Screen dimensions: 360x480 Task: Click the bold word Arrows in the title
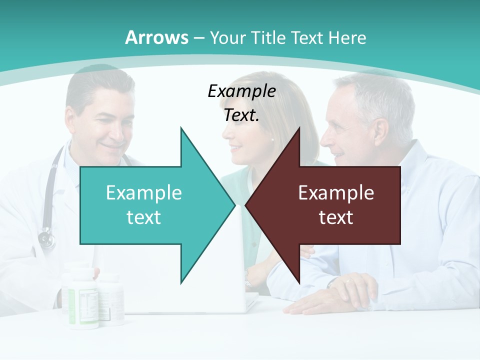(x=156, y=37)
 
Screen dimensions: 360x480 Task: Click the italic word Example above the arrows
(x=241, y=91)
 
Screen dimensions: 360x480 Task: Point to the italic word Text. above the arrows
(x=241, y=115)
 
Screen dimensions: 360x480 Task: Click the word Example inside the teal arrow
(x=144, y=192)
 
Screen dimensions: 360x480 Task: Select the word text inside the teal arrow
(x=144, y=217)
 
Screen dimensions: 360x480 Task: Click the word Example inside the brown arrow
(x=336, y=192)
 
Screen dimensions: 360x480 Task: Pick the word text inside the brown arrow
(x=336, y=217)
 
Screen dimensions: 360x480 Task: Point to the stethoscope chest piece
(x=46, y=239)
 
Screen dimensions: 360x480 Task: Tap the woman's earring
(x=273, y=140)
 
